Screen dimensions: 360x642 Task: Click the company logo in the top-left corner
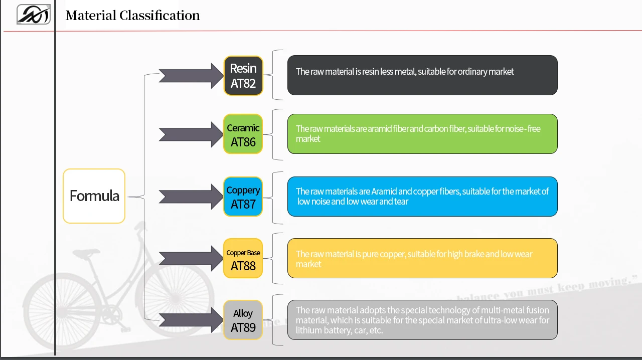pyautogui.click(x=33, y=15)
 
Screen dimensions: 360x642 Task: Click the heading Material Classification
pyautogui.click(x=132, y=16)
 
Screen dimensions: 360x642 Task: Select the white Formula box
pyautogui.click(x=94, y=196)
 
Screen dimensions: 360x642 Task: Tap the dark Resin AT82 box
pyautogui.click(x=243, y=75)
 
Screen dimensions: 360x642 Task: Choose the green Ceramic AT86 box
pyautogui.click(x=243, y=134)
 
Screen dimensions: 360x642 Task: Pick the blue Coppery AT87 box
pyautogui.click(x=243, y=197)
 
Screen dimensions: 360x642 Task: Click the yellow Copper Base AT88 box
pyautogui.click(x=243, y=258)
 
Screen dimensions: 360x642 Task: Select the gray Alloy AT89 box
pyautogui.click(x=243, y=320)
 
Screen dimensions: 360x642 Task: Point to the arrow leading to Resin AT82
pyautogui.click(x=191, y=76)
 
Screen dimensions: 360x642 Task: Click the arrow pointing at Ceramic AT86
pyautogui.click(x=191, y=134)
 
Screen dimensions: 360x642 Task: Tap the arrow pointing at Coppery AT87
pyautogui.click(x=191, y=197)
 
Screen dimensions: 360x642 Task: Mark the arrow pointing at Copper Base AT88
pyautogui.click(x=191, y=258)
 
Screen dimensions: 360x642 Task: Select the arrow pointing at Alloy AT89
pyautogui.click(x=191, y=320)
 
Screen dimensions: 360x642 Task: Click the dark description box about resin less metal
pyautogui.click(x=422, y=75)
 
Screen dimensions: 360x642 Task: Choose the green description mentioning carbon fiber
pyautogui.click(x=422, y=134)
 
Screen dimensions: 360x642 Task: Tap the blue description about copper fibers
pyautogui.click(x=422, y=197)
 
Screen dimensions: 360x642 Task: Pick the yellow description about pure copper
pyautogui.click(x=422, y=258)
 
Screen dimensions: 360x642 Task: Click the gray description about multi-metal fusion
pyautogui.click(x=422, y=320)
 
